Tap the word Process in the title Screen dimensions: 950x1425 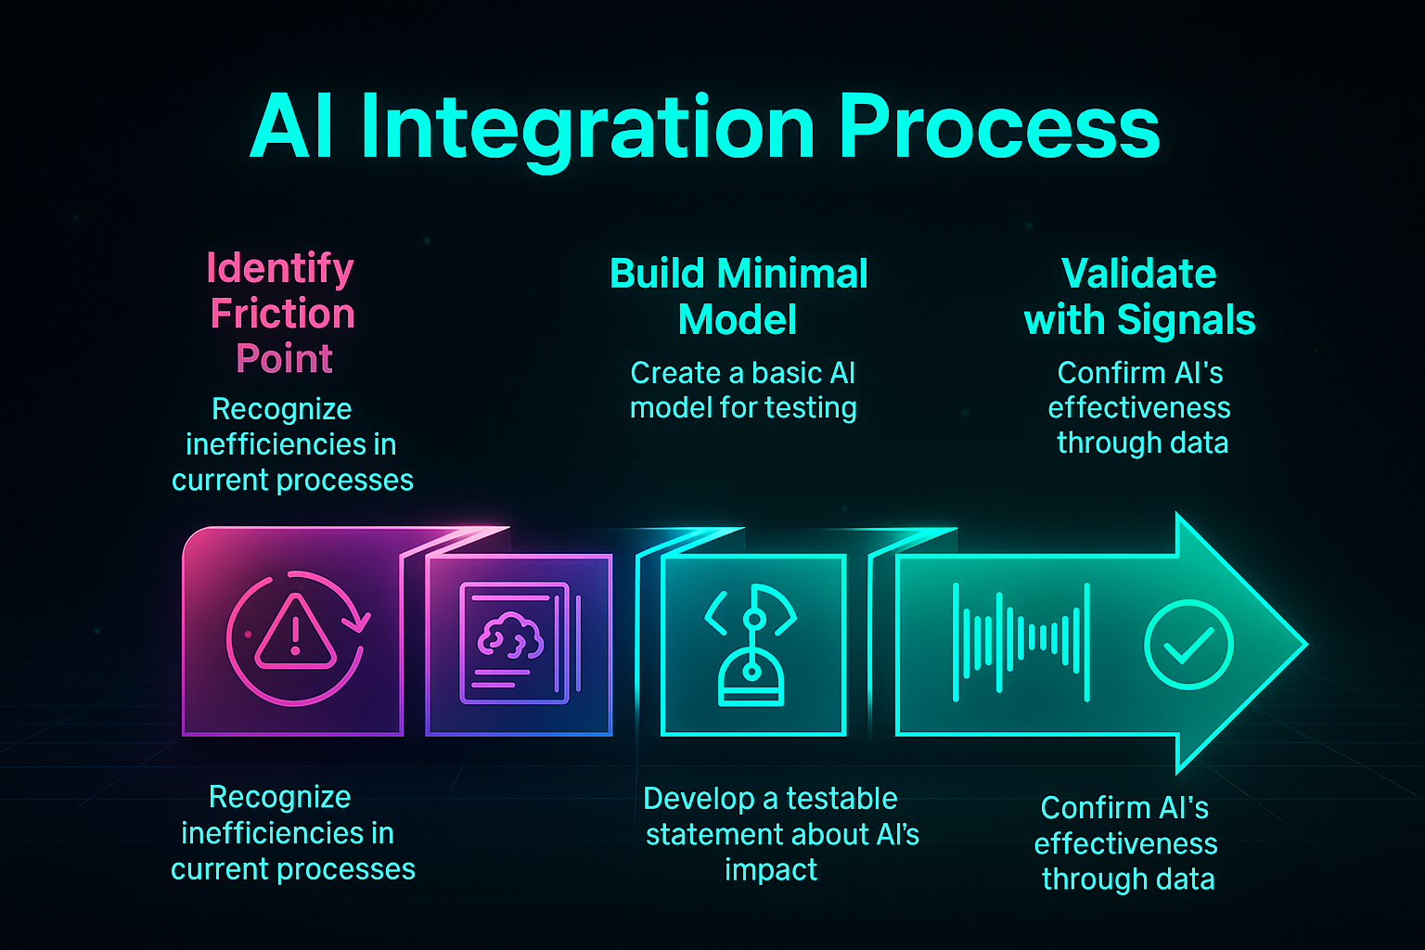(999, 128)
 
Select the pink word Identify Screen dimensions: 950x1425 (280, 268)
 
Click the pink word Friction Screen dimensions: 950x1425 (283, 314)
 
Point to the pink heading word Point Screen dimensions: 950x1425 (284, 359)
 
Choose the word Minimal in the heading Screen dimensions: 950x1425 (791, 274)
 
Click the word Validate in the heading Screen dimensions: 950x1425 (1138, 274)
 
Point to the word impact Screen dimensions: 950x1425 (771, 870)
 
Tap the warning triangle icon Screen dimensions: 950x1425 (295, 634)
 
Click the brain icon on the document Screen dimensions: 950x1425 (509, 635)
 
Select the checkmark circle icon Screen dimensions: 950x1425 (1187, 644)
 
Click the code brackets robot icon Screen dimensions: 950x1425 (751, 645)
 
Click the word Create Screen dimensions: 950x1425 (674, 373)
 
